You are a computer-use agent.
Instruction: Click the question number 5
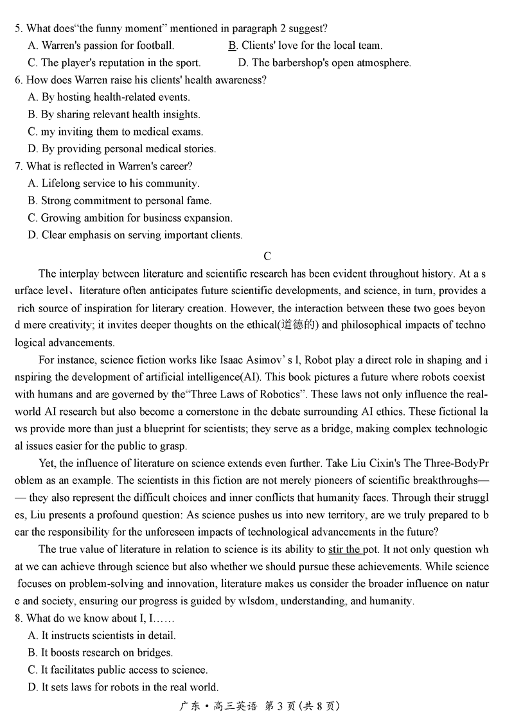coord(18,28)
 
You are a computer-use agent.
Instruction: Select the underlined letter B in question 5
coord(233,46)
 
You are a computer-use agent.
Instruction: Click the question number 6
coord(18,80)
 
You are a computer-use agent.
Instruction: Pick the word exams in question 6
coord(189,132)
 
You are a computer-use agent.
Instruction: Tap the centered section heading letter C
coord(267,256)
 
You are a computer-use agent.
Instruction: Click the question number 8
coord(18,618)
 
